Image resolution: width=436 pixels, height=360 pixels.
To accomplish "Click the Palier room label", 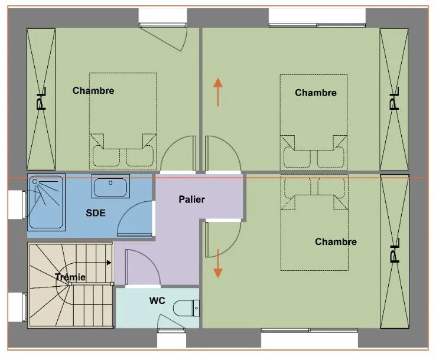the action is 191,199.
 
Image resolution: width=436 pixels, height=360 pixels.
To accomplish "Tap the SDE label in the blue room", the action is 96,213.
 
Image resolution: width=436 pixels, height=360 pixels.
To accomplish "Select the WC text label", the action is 157,300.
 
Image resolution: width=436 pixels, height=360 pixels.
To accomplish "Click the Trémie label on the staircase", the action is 70,277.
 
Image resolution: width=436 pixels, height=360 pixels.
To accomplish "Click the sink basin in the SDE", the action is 110,187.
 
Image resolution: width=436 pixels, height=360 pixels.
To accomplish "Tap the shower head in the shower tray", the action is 35,182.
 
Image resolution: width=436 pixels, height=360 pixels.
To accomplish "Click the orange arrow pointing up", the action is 218,92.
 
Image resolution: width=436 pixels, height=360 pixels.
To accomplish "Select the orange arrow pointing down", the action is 218,264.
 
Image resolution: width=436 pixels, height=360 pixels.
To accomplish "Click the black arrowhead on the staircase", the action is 109,263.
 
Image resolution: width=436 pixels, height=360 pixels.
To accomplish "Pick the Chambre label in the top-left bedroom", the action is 93,90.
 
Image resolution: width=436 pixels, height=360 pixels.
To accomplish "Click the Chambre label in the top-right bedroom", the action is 315,93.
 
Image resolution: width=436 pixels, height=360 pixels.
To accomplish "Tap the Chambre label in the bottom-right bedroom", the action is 336,241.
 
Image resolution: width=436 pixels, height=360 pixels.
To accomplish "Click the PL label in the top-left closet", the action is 41,99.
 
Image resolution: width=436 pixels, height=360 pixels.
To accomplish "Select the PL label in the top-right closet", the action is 395,99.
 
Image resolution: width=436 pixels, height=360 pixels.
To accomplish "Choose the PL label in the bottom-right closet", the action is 395,250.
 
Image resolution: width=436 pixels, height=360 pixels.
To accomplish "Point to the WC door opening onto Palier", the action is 142,267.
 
